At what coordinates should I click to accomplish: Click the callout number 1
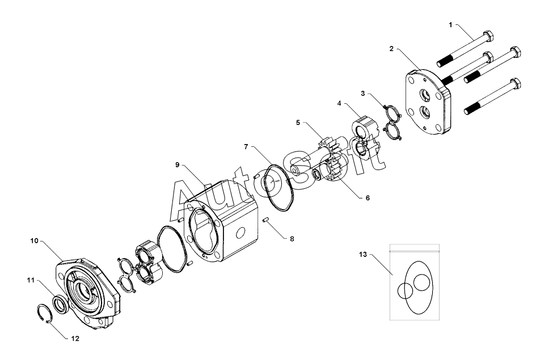coord(451,25)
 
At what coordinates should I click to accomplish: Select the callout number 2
coord(391,49)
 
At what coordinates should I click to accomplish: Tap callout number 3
coord(364,92)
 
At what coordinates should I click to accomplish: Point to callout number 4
coord(339,104)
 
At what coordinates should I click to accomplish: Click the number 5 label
coord(297,122)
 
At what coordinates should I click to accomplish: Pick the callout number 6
coord(367,198)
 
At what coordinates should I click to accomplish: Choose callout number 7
coord(246,146)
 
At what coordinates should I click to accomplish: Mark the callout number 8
coord(292,239)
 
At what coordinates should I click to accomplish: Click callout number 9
coord(178,164)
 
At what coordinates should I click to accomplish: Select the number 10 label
coord(35,240)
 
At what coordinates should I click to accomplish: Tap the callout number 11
coord(31,279)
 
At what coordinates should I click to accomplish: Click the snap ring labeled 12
coord(44,314)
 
